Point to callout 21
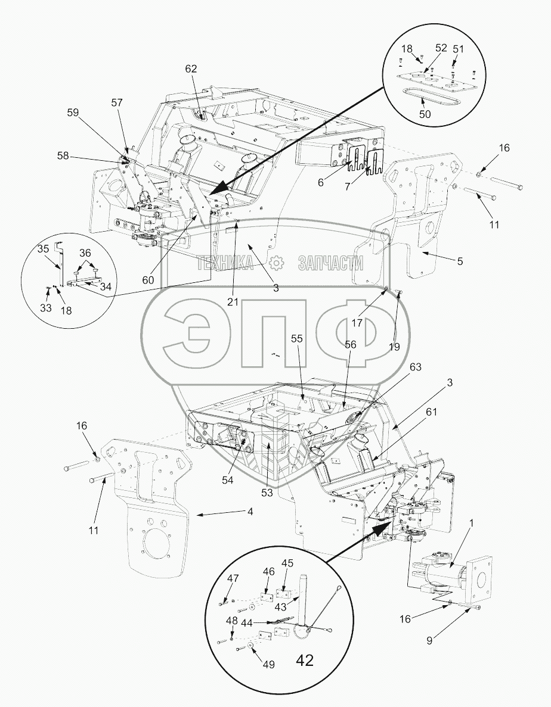coord(233,301)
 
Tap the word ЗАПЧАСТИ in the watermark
coord(323,262)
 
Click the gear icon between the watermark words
coord(275,262)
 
